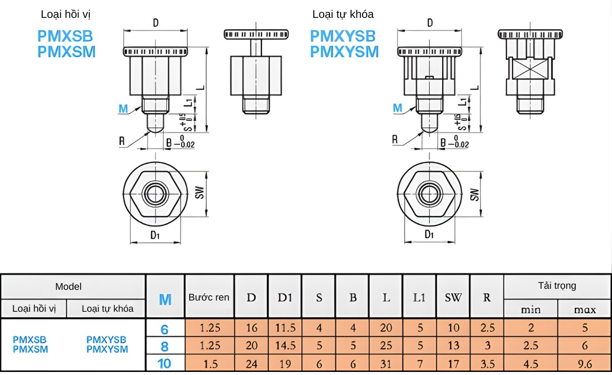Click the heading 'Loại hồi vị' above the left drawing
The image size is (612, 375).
(x=66, y=14)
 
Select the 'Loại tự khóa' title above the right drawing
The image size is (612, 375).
(x=343, y=14)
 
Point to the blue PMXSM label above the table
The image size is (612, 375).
(x=66, y=52)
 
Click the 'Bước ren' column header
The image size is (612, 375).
(x=209, y=297)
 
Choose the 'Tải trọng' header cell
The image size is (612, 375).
(x=557, y=286)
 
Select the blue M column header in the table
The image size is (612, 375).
(x=165, y=299)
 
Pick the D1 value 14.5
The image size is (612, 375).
(x=285, y=345)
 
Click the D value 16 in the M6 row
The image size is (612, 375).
(x=251, y=328)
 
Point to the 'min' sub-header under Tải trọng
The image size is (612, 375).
(x=531, y=309)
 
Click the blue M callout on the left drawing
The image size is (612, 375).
(x=123, y=108)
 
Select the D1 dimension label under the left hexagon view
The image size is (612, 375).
(x=155, y=235)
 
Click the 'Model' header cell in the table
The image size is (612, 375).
(x=68, y=287)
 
